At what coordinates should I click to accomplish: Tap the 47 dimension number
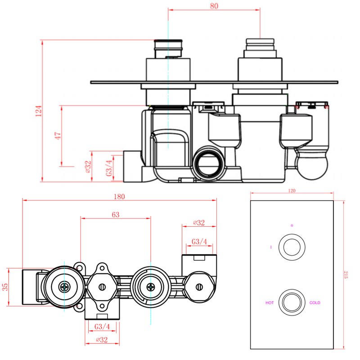point(58,136)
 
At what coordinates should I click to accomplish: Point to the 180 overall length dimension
point(119,196)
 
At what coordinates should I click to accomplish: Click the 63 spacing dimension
point(115,215)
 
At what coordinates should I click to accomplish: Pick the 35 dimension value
point(5,287)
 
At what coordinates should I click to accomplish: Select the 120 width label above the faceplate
point(291,191)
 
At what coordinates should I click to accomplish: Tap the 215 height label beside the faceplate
point(346,274)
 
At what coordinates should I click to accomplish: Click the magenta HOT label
point(270,303)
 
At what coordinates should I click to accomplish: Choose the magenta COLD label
point(315,303)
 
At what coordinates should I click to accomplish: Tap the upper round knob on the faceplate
point(291,247)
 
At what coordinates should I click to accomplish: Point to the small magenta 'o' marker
point(291,225)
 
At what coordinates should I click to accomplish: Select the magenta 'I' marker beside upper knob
point(271,247)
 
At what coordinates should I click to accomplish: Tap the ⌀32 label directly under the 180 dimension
point(198,223)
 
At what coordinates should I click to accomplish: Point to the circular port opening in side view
point(208,163)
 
